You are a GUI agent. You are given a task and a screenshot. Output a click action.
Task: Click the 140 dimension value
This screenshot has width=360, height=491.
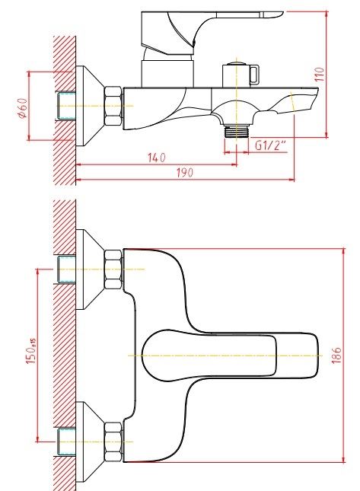(x=157, y=157)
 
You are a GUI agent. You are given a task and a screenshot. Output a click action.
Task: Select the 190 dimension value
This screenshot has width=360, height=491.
(x=185, y=173)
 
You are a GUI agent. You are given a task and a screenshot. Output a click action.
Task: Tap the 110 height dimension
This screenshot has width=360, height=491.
(x=320, y=74)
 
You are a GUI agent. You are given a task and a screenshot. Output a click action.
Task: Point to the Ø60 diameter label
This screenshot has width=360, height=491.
(x=23, y=108)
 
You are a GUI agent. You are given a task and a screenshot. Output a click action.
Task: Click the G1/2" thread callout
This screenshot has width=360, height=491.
(x=270, y=145)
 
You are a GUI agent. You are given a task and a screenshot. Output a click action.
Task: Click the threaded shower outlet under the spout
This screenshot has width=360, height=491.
(x=236, y=131)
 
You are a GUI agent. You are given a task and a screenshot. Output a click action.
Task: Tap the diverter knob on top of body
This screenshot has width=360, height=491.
(x=241, y=75)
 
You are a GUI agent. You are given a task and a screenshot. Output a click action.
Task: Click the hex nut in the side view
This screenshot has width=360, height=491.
(x=113, y=107)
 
